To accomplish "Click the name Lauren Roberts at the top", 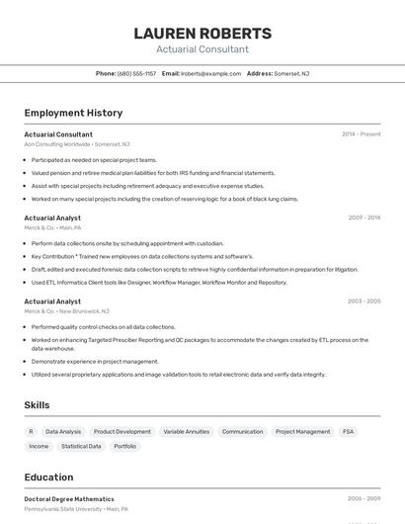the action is click(202, 33).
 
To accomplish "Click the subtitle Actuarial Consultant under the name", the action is click(202, 49).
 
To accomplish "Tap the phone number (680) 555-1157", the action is click(136, 73).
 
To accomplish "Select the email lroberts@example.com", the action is click(210, 73).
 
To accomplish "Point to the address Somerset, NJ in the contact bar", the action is click(290, 73).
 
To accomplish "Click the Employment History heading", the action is click(73, 113).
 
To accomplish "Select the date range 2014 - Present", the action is click(361, 134).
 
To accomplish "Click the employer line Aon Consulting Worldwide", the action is click(77, 144).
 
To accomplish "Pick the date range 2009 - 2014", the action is click(364, 218).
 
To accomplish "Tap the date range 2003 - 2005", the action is click(364, 302).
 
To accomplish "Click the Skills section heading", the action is click(37, 404).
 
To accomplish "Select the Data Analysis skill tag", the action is click(63, 432).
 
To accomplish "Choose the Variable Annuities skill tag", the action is click(186, 432).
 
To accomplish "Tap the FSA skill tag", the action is click(348, 432).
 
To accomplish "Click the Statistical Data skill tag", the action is click(81, 447).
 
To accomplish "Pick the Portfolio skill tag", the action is click(124, 447).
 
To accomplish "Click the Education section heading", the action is click(48, 477).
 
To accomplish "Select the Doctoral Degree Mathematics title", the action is click(69, 499).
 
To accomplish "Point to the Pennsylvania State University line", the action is click(76, 509).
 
